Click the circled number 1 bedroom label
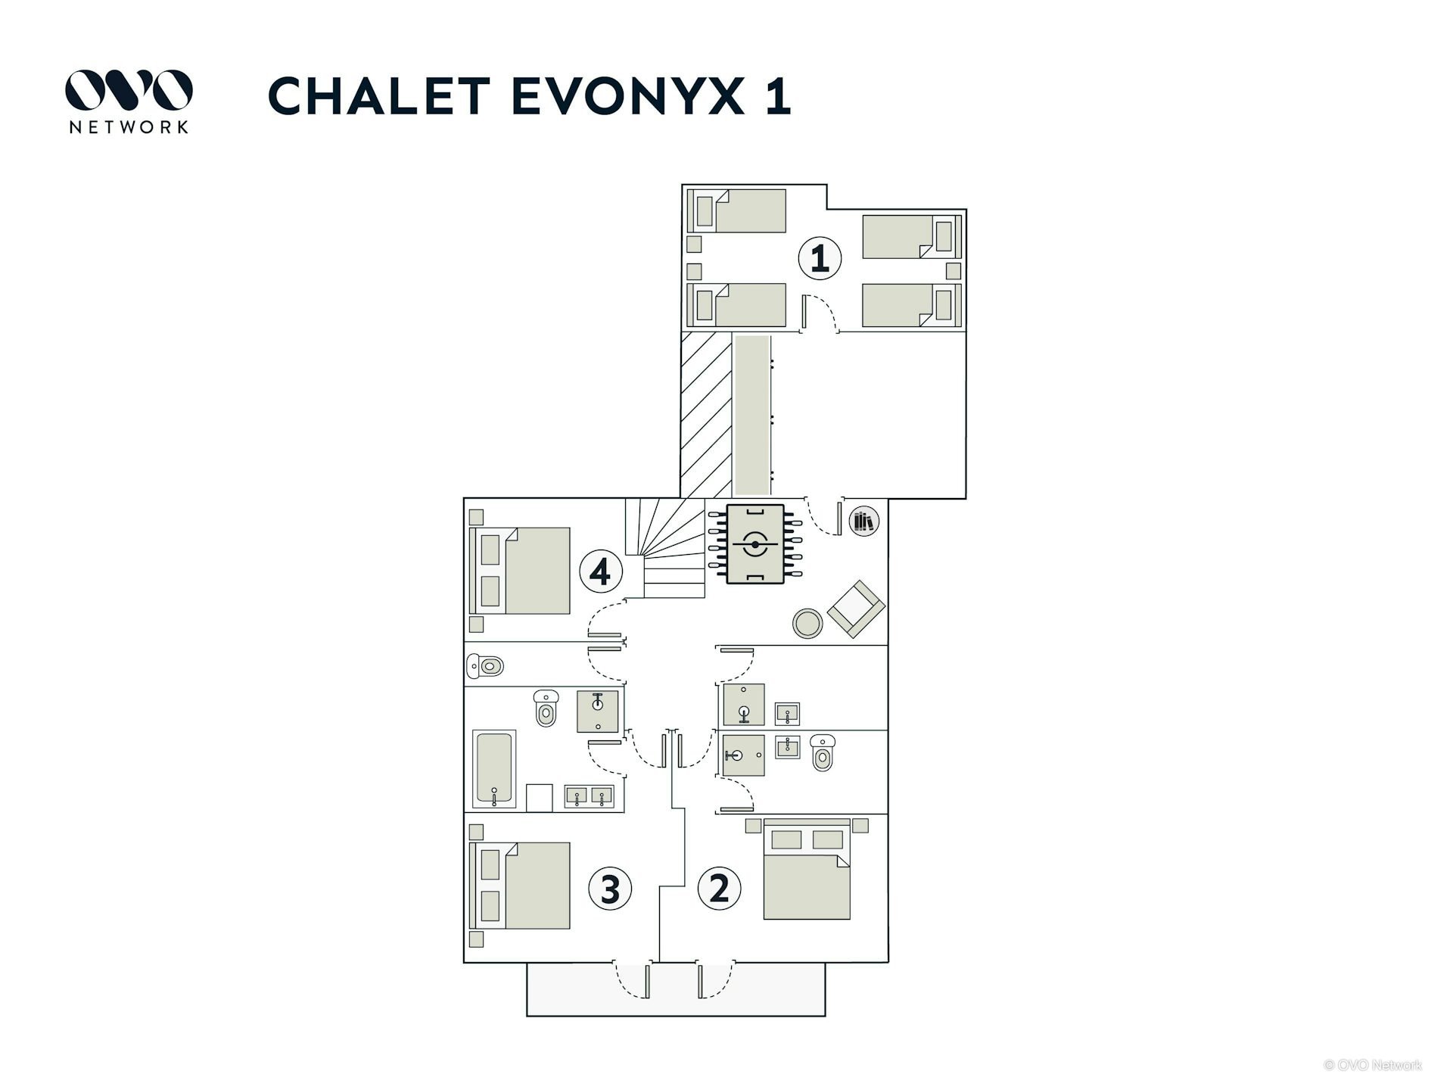pyautogui.click(x=820, y=258)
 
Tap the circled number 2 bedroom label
pyautogui.click(x=719, y=888)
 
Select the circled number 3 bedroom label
pyautogui.click(x=610, y=888)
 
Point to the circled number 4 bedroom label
pyautogui.click(x=601, y=571)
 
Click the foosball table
pyautogui.click(x=755, y=544)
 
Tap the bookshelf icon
pyautogui.click(x=863, y=522)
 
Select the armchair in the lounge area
pyautogui.click(x=856, y=609)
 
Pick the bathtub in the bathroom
pyautogui.click(x=494, y=768)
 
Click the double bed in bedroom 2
pyautogui.click(x=807, y=869)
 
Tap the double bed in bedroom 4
pyautogui.click(x=519, y=571)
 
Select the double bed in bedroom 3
pyautogui.click(x=519, y=886)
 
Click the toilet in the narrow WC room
pyautogui.click(x=485, y=666)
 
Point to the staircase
pyautogui.click(x=665, y=548)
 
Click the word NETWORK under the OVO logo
pyautogui.click(x=129, y=126)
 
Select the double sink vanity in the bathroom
pyautogui.click(x=590, y=796)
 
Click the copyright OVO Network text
pyautogui.click(x=1373, y=1065)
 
